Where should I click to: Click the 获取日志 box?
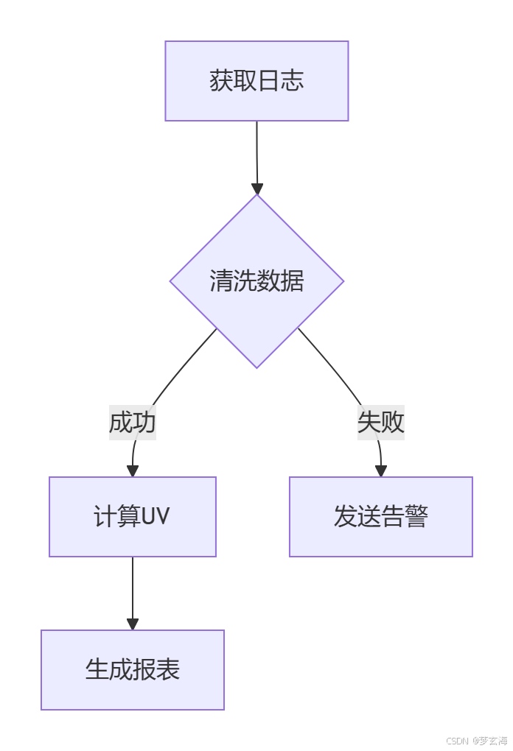pos(256,81)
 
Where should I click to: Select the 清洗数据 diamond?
pos(256,281)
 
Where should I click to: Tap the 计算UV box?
pos(133,517)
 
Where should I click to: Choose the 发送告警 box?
pos(380,517)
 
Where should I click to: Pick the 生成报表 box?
pos(133,670)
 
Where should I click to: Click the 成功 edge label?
pos(133,423)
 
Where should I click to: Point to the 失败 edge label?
pos(381,423)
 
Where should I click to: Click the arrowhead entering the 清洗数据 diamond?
pos(256,188)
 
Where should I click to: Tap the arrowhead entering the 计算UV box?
pos(133,471)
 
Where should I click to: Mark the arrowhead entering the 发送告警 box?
pos(381,471)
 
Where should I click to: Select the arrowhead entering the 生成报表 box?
pos(133,624)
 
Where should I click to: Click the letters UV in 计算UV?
pos(155,517)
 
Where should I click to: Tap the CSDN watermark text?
pos(458,741)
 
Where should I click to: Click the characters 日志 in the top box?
pos(280,81)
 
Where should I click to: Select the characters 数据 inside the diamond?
pos(280,281)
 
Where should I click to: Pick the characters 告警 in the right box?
pos(404,517)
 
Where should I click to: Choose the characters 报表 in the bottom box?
pos(156,670)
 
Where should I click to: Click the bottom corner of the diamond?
pos(256,366)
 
